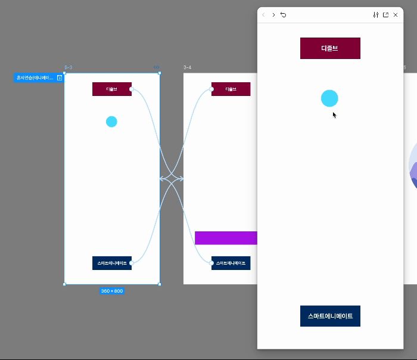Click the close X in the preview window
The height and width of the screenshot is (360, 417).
coord(396,15)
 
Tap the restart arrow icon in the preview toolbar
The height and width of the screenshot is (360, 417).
coord(283,15)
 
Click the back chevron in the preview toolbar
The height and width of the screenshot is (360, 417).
coord(264,15)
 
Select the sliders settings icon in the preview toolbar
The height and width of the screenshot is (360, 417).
coord(376,15)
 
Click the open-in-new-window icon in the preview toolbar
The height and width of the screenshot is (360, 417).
coord(385,15)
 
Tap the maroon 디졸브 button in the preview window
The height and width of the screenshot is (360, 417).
coord(330,48)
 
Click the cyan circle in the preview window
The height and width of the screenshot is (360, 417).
coord(329,98)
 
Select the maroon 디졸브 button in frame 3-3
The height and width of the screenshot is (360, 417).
coord(111,89)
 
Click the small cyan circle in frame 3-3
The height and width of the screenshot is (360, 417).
coord(111,122)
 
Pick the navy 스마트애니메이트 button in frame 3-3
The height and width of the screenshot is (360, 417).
coord(111,263)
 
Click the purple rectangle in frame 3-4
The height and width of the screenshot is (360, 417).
coord(226,238)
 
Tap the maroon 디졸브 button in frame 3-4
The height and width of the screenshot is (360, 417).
coord(231,89)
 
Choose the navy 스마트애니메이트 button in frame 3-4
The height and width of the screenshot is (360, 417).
coord(231,263)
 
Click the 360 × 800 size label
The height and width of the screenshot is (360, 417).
coord(112,291)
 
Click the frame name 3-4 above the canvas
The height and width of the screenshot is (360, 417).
coord(188,68)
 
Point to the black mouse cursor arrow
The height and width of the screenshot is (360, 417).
coord(334,114)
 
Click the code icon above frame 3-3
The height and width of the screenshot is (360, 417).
coord(157,68)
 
